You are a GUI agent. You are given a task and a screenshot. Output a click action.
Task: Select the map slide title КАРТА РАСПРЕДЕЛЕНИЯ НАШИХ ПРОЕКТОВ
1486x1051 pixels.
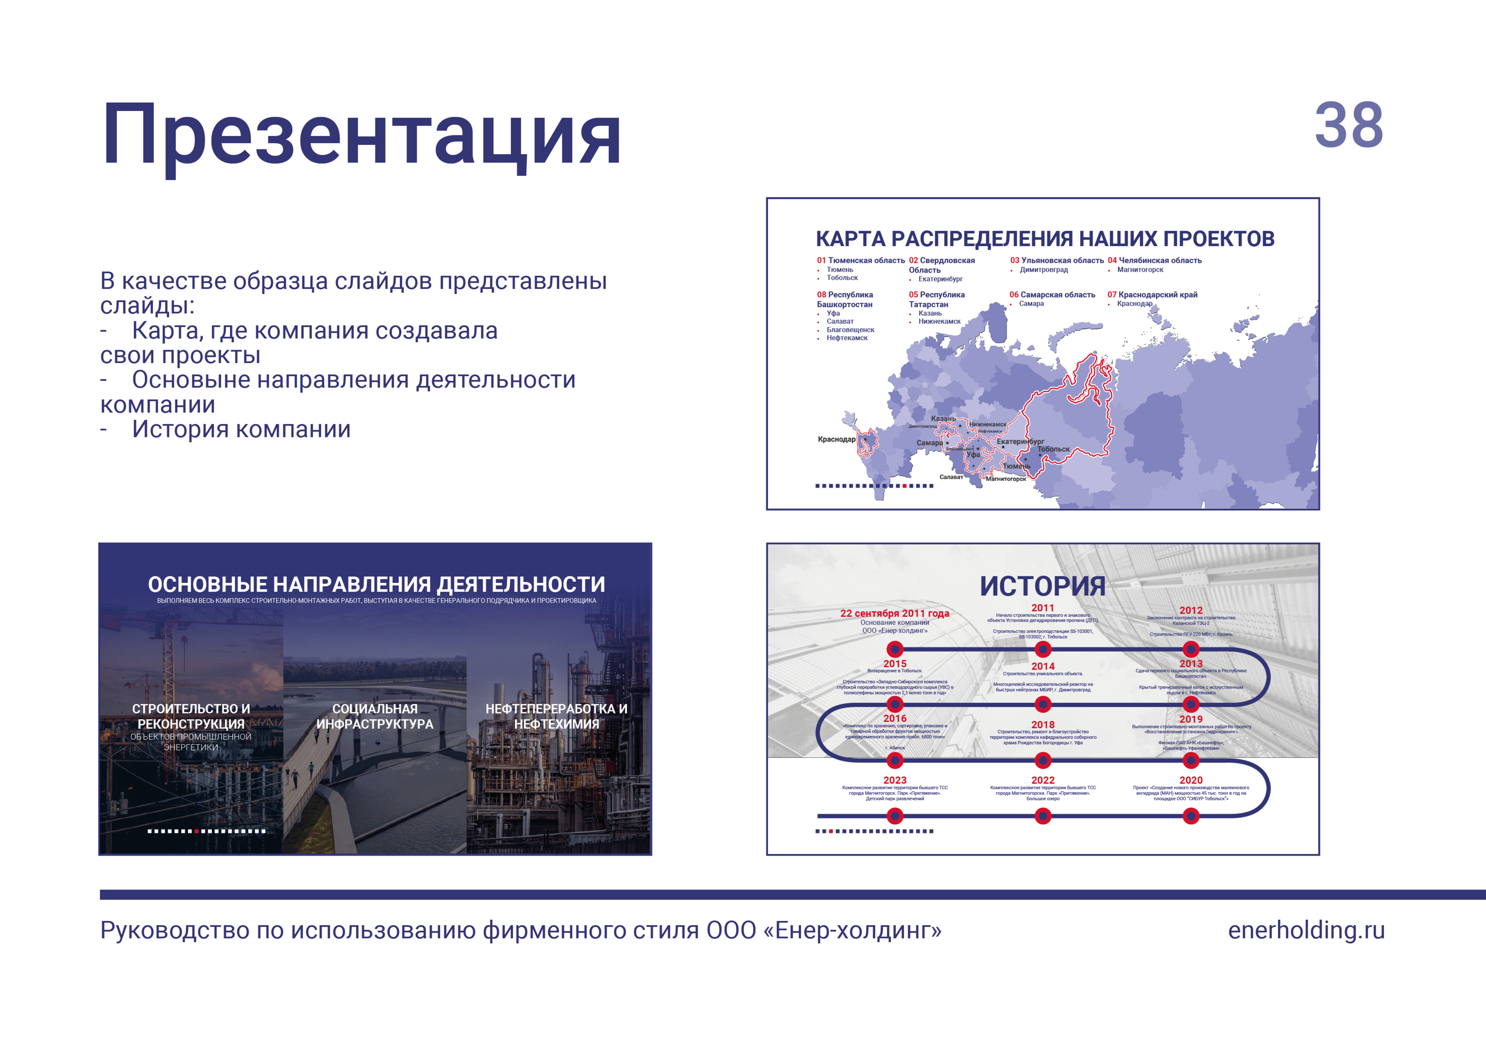tap(1044, 239)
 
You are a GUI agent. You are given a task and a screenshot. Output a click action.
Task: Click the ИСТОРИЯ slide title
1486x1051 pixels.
tap(1042, 586)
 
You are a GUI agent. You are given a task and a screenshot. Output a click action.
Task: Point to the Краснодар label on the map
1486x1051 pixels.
tap(836, 439)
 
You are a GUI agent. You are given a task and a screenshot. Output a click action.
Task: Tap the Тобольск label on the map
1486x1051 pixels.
tap(1054, 449)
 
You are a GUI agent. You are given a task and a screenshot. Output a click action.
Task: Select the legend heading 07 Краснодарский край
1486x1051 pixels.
tap(1152, 294)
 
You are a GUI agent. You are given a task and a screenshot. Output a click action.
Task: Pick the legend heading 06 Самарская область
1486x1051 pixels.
tap(1052, 294)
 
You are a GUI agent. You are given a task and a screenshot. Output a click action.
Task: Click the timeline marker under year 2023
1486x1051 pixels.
tap(895, 816)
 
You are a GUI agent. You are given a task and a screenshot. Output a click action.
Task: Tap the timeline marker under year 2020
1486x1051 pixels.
tap(1191, 816)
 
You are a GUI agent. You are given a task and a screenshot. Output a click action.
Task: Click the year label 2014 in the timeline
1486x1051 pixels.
tap(1043, 666)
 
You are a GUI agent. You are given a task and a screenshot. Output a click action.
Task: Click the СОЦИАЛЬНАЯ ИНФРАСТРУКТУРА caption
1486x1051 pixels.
tap(375, 717)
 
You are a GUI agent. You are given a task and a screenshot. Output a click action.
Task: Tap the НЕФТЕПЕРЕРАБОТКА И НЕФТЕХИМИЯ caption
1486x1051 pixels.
tap(556, 717)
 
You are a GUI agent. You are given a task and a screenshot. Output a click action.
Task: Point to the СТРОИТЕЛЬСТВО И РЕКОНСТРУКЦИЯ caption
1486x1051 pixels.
tap(191, 717)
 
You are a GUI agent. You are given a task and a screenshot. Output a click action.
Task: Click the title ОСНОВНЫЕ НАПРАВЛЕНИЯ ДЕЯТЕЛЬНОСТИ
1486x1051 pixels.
tap(376, 584)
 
